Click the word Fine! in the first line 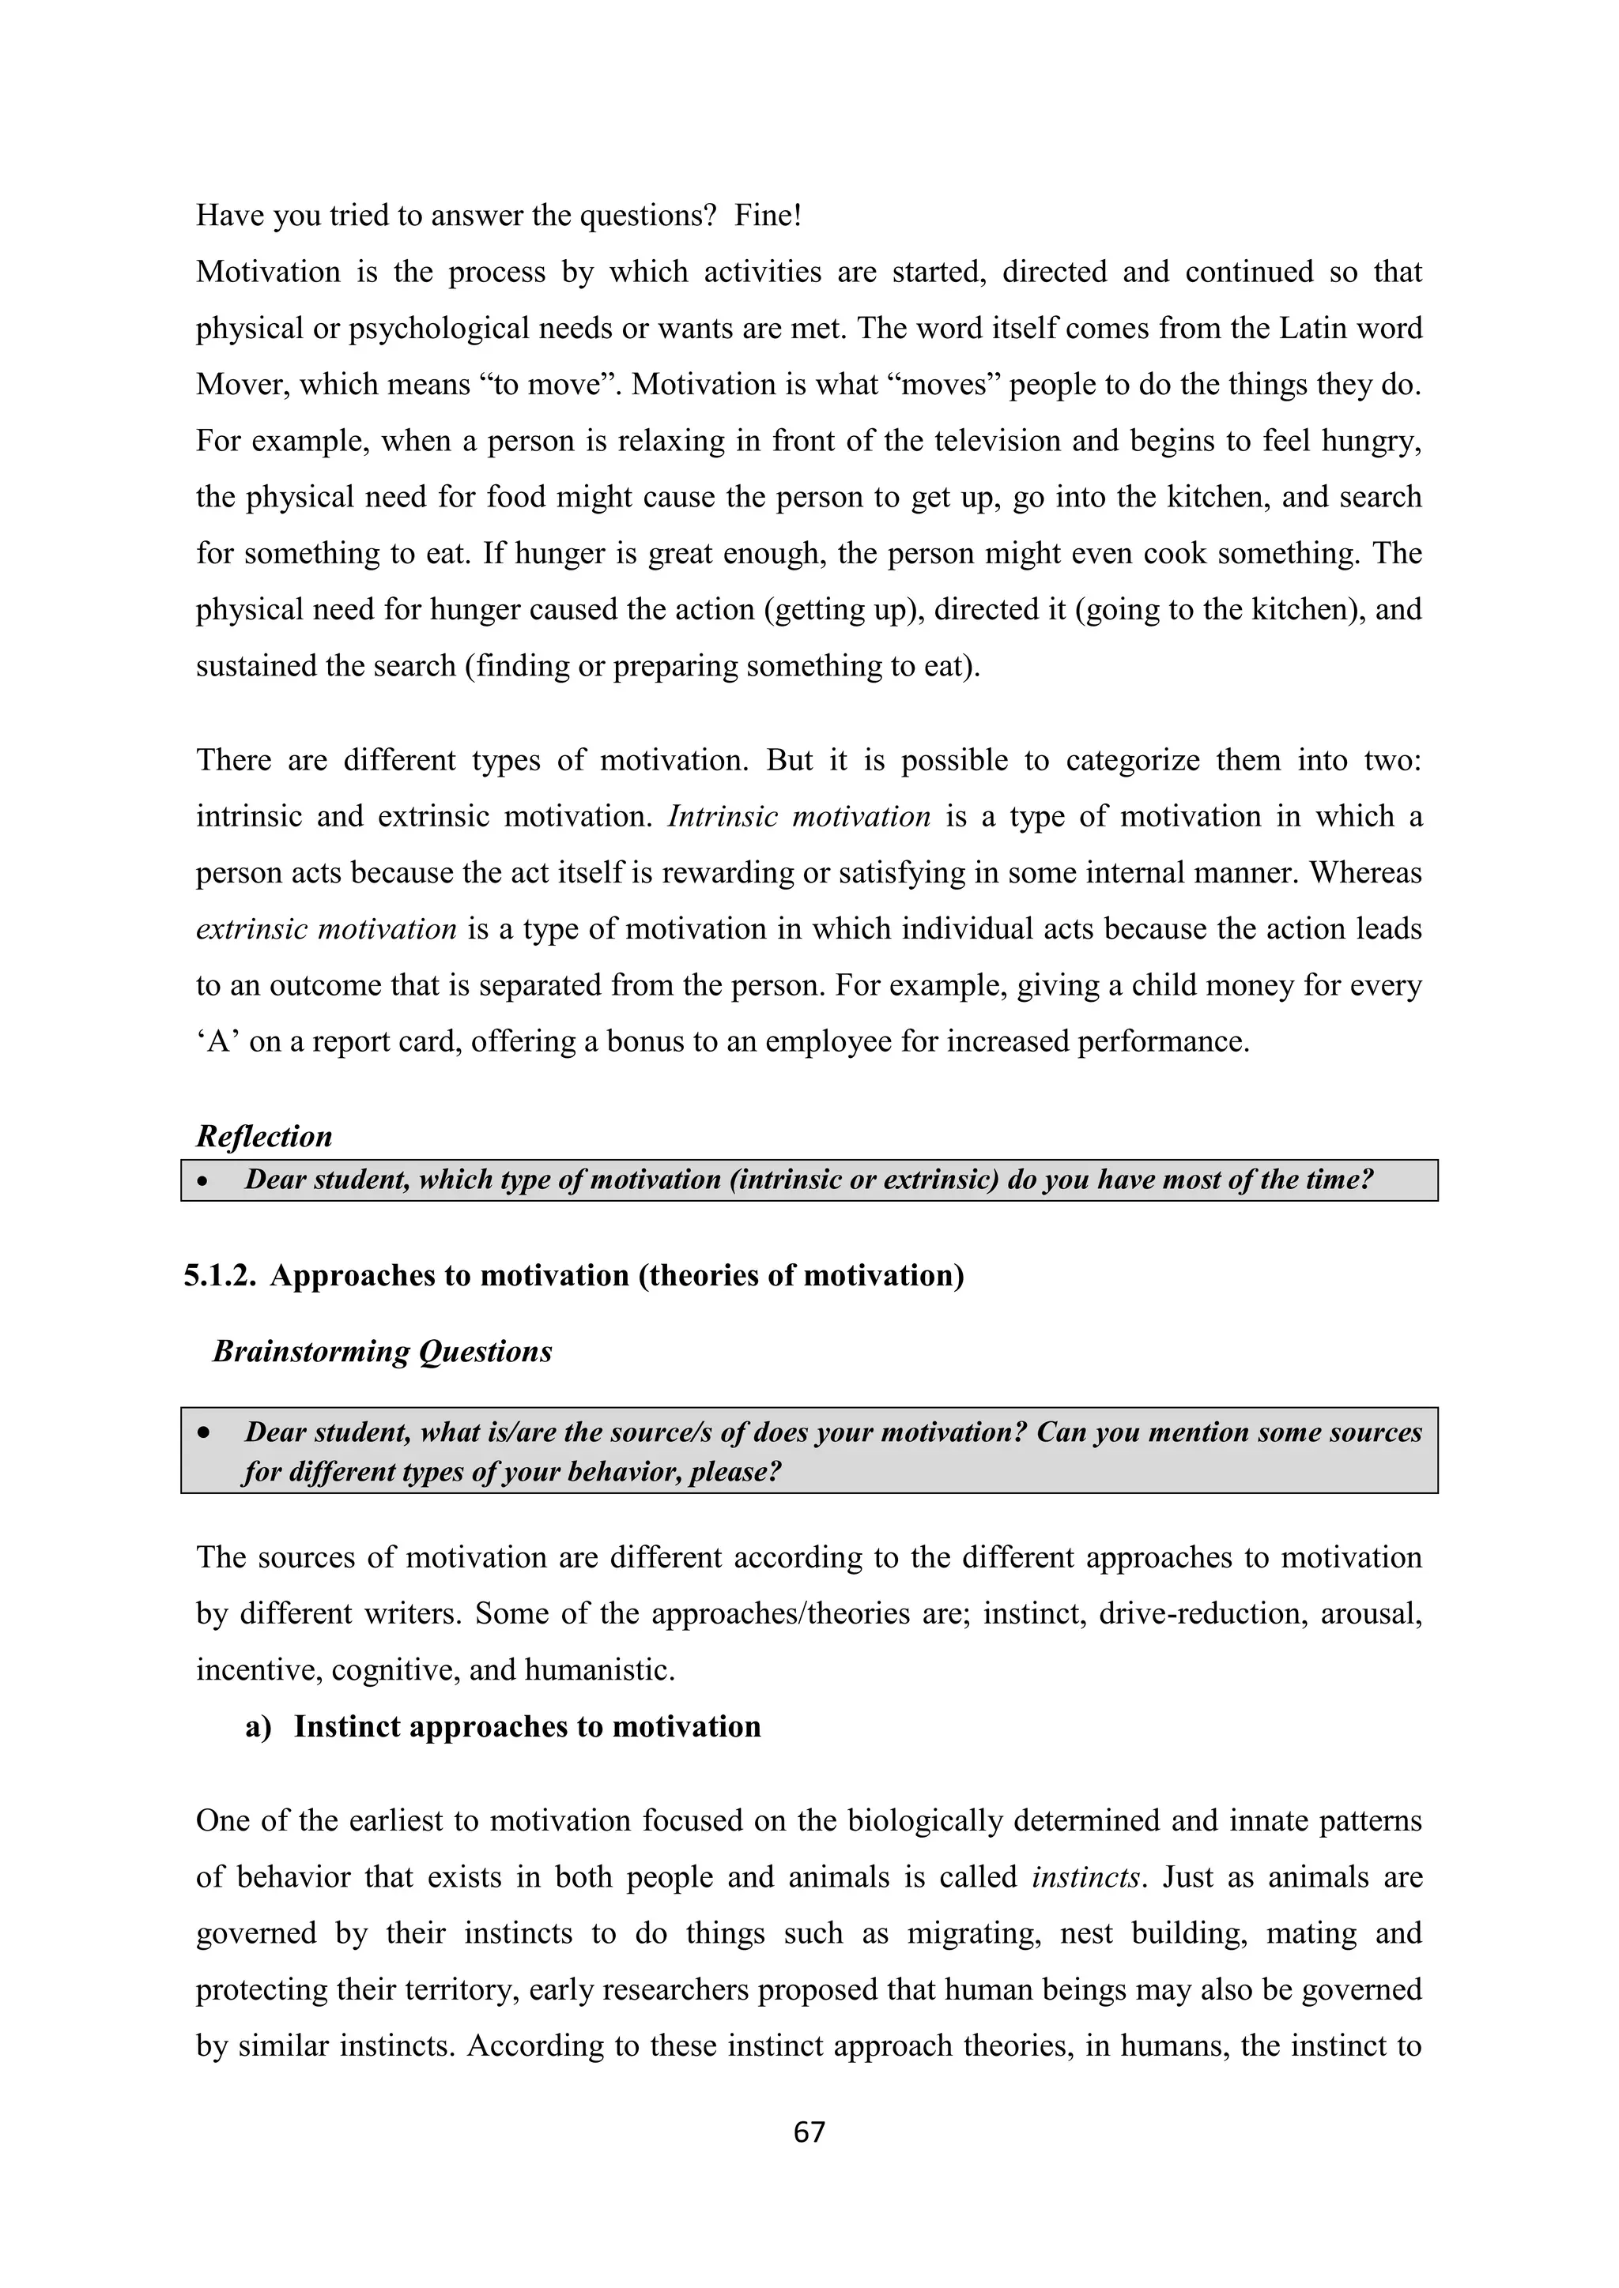point(768,215)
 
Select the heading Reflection point(264,1136)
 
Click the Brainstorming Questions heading point(382,1351)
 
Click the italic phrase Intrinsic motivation point(798,817)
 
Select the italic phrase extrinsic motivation point(326,930)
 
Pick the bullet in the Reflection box point(202,1181)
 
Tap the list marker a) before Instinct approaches point(259,1727)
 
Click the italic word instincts point(1085,1877)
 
